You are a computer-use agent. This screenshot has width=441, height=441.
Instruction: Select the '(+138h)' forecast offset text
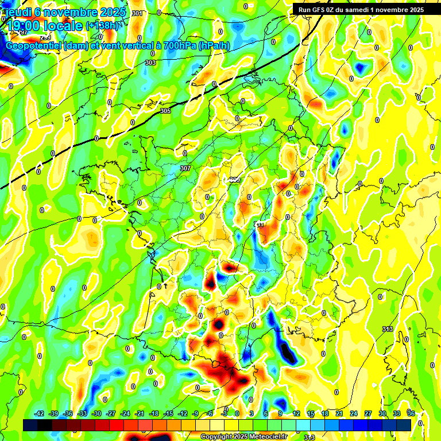tap(104, 25)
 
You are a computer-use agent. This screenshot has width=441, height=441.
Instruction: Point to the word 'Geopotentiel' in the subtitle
tap(33, 45)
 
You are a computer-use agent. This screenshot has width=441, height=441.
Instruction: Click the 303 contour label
tap(150, 63)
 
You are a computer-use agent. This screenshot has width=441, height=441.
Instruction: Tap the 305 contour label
tap(165, 111)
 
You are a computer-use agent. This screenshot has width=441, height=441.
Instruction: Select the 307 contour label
tap(185, 168)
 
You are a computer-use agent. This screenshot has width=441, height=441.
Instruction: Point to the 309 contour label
tap(235, 180)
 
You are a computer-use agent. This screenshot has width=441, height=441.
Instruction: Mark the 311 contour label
tap(259, 225)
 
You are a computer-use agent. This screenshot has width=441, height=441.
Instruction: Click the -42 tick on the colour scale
tap(40, 413)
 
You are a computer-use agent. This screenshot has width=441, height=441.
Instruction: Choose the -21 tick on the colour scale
tap(140, 413)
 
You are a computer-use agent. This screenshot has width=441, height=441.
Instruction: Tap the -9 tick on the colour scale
tap(196, 413)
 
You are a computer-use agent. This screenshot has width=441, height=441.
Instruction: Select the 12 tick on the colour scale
tap(296, 413)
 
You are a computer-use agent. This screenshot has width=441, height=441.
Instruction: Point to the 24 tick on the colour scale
tap(354, 413)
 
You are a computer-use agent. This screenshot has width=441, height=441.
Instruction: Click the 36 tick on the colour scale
tap(411, 413)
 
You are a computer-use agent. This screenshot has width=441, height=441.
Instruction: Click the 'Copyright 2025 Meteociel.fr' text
tap(243, 436)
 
